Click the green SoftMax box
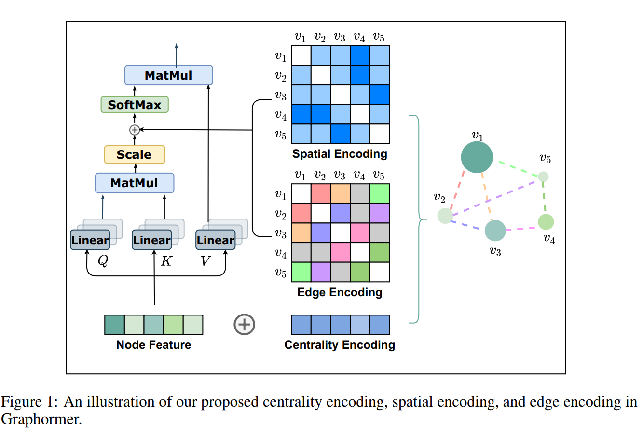(135, 105)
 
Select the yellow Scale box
(135, 154)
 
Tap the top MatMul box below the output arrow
(168, 75)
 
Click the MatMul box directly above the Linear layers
(135, 183)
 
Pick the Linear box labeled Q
(90, 240)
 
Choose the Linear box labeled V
(215, 240)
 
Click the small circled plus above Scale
(135, 130)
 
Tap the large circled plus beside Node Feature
(244, 324)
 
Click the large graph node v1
(477, 157)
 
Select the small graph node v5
(543, 177)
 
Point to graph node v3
(495, 231)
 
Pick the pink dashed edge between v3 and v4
(521, 227)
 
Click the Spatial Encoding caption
(340, 154)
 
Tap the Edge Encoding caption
(340, 292)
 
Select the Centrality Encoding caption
(340, 345)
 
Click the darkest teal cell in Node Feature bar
(114, 325)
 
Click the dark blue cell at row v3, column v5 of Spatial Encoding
(379, 95)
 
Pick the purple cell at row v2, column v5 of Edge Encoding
(379, 213)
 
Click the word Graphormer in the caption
(41, 419)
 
